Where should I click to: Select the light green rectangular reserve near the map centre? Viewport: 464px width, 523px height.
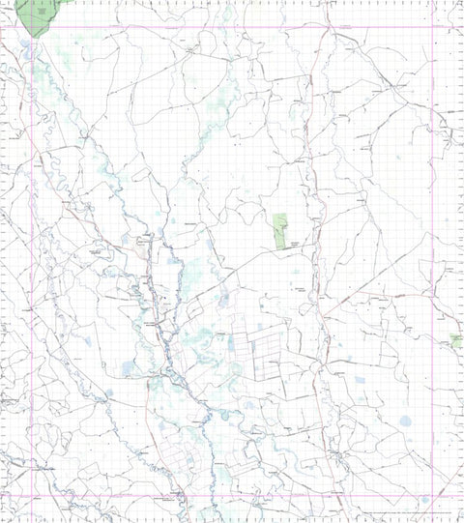(x=281, y=231)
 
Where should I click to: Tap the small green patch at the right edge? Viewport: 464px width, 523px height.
(x=456, y=340)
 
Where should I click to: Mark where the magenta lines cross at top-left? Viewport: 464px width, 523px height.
(x=34, y=26)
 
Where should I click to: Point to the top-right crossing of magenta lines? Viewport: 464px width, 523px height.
(x=432, y=26)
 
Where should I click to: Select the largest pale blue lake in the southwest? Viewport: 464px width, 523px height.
(x=130, y=368)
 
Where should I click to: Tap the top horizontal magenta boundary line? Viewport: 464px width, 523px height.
(x=232, y=26)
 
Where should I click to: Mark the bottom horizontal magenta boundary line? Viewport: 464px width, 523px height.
(x=232, y=498)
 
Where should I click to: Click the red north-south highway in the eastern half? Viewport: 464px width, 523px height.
(x=310, y=193)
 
